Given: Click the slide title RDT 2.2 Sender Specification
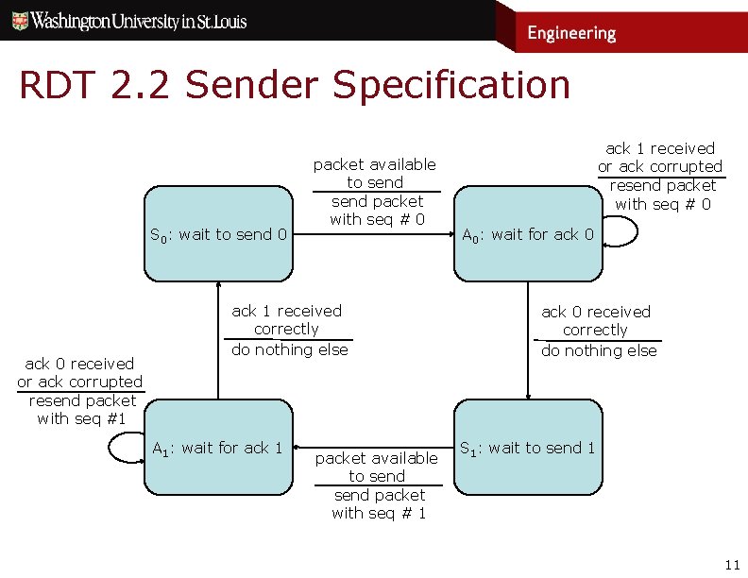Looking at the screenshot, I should pyautogui.click(x=295, y=85).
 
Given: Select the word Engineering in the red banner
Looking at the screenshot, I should pyautogui.click(x=571, y=34).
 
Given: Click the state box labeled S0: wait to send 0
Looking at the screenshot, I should pyautogui.click(x=219, y=233).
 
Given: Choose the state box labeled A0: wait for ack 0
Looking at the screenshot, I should pyautogui.click(x=527, y=233).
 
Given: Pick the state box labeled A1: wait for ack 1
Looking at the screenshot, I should pyautogui.click(x=219, y=447).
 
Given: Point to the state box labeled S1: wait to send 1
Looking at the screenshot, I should pyautogui.click(x=527, y=447).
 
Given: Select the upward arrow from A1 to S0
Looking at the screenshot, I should pyautogui.click(x=218, y=340).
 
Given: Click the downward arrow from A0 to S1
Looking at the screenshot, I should pyautogui.click(x=528, y=340).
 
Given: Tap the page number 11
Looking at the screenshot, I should pyautogui.click(x=731, y=566).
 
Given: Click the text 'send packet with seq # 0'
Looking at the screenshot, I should pyautogui.click(x=378, y=211).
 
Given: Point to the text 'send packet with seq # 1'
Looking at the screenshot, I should pyautogui.click(x=379, y=504).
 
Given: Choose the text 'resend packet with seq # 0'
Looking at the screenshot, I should pyautogui.click(x=662, y=195).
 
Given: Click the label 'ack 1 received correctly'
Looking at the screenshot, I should pyautogui.click(x=287, y=320).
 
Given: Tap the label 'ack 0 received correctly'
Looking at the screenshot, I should pyautogui.click(x=595, y=321).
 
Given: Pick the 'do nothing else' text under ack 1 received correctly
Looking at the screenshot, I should pyautogui.click(x=290, y=349).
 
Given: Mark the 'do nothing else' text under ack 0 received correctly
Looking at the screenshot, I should pyautogui.click(x=599, y=350).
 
